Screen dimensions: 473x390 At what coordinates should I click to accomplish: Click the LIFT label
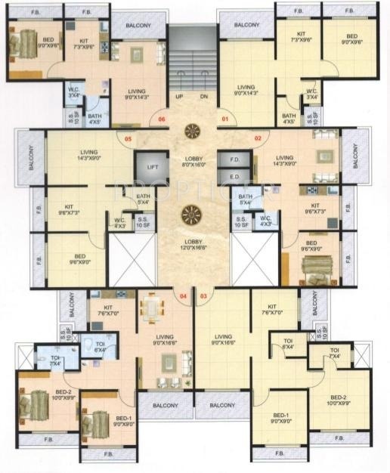click(x=153, y=166)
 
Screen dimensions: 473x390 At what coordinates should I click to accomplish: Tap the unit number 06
click(x=160, y=119)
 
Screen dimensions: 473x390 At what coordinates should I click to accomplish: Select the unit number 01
click(x=224, y=119)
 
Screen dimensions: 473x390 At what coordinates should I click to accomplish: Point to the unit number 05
click(x=128, y=138)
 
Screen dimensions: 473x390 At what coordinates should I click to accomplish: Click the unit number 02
click(x=257, y=138)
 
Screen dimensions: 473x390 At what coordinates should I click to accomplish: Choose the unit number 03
click(x=203, y=296)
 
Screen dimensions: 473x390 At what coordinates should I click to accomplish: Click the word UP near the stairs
click(x=179, y=97)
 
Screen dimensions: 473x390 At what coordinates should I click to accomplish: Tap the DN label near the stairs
click(x=203, y=97)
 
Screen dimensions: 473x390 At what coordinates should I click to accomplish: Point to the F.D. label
click(x=234, y=160)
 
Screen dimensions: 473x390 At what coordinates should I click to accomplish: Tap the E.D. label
click(x=234, y=178)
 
